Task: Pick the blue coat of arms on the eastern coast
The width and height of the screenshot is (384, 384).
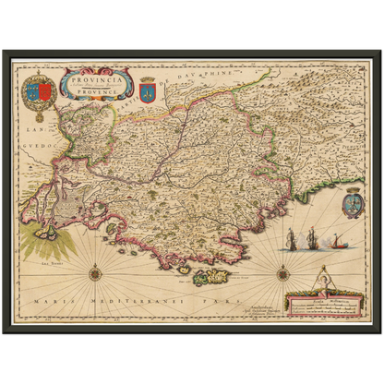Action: coord(354,203)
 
